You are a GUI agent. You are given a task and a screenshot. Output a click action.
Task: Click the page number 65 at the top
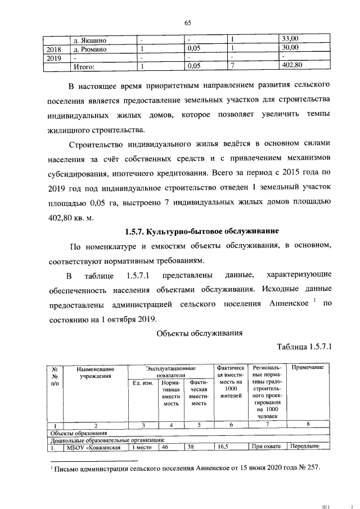click(x=188, y=22)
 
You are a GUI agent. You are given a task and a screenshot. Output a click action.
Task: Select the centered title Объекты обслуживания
click(x=199, y=332)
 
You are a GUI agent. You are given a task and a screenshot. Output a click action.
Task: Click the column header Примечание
click(x=307, y=367)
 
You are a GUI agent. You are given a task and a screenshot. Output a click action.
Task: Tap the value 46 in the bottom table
click(x=165, y=448)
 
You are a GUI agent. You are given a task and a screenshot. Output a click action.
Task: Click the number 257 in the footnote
click(x=311, y=468)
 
